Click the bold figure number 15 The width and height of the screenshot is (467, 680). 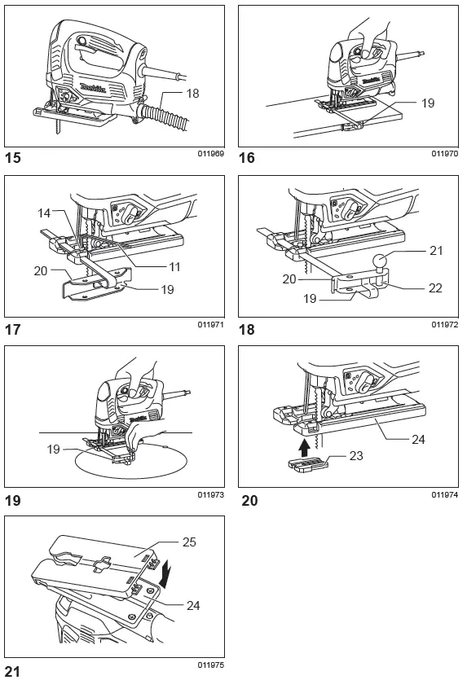click(x=14, y=157)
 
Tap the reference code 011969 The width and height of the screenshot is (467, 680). click(x=210, y=153)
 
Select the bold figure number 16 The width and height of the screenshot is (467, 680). click(x=247, y=157)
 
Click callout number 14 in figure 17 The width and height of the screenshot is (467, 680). click(x=43, y=213)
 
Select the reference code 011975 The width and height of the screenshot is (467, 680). click(x=210, y=665)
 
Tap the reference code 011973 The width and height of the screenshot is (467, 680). click(x=210, y=494)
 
